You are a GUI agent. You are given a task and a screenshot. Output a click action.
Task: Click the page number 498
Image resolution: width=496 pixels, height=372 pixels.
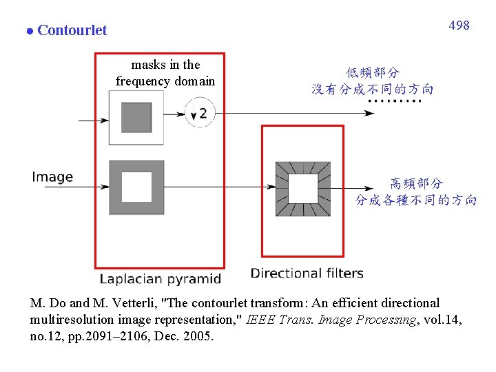coord(459,25)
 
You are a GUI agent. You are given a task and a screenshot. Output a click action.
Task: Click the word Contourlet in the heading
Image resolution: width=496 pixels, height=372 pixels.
coord(72,30)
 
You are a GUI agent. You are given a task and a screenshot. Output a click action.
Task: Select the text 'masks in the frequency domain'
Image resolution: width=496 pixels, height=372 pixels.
coord(165,73)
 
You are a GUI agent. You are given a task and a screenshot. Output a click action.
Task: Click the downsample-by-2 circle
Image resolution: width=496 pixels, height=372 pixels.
coord(199,112)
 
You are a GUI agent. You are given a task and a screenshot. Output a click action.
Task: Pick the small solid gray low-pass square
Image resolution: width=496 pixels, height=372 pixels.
coord(136,117)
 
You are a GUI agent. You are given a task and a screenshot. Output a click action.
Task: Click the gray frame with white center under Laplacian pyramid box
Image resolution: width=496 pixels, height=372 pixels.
coord(136,187)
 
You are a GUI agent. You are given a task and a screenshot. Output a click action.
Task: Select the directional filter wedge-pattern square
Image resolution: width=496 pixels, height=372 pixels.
coord(302,188)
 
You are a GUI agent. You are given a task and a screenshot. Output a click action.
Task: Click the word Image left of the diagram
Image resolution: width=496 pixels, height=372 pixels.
coord(52,177)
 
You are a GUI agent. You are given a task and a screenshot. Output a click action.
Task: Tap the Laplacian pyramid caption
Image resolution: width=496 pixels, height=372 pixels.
coord(161,279)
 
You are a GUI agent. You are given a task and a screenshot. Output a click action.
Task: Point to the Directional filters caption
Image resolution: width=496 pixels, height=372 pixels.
coord(307,273)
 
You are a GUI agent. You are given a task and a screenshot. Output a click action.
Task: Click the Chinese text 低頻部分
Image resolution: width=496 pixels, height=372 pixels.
coord(373,72)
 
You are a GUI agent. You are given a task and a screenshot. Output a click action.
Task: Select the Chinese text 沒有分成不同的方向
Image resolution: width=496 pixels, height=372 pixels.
coord(373,89)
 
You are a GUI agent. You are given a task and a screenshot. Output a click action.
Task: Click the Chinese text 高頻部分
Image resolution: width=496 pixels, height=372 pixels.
coord(417,184)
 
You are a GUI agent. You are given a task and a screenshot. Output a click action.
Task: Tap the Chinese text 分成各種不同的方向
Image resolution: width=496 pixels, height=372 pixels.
coord(416,200)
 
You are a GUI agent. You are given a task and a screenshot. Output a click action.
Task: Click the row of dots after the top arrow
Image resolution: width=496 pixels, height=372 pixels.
coord(394,102)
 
